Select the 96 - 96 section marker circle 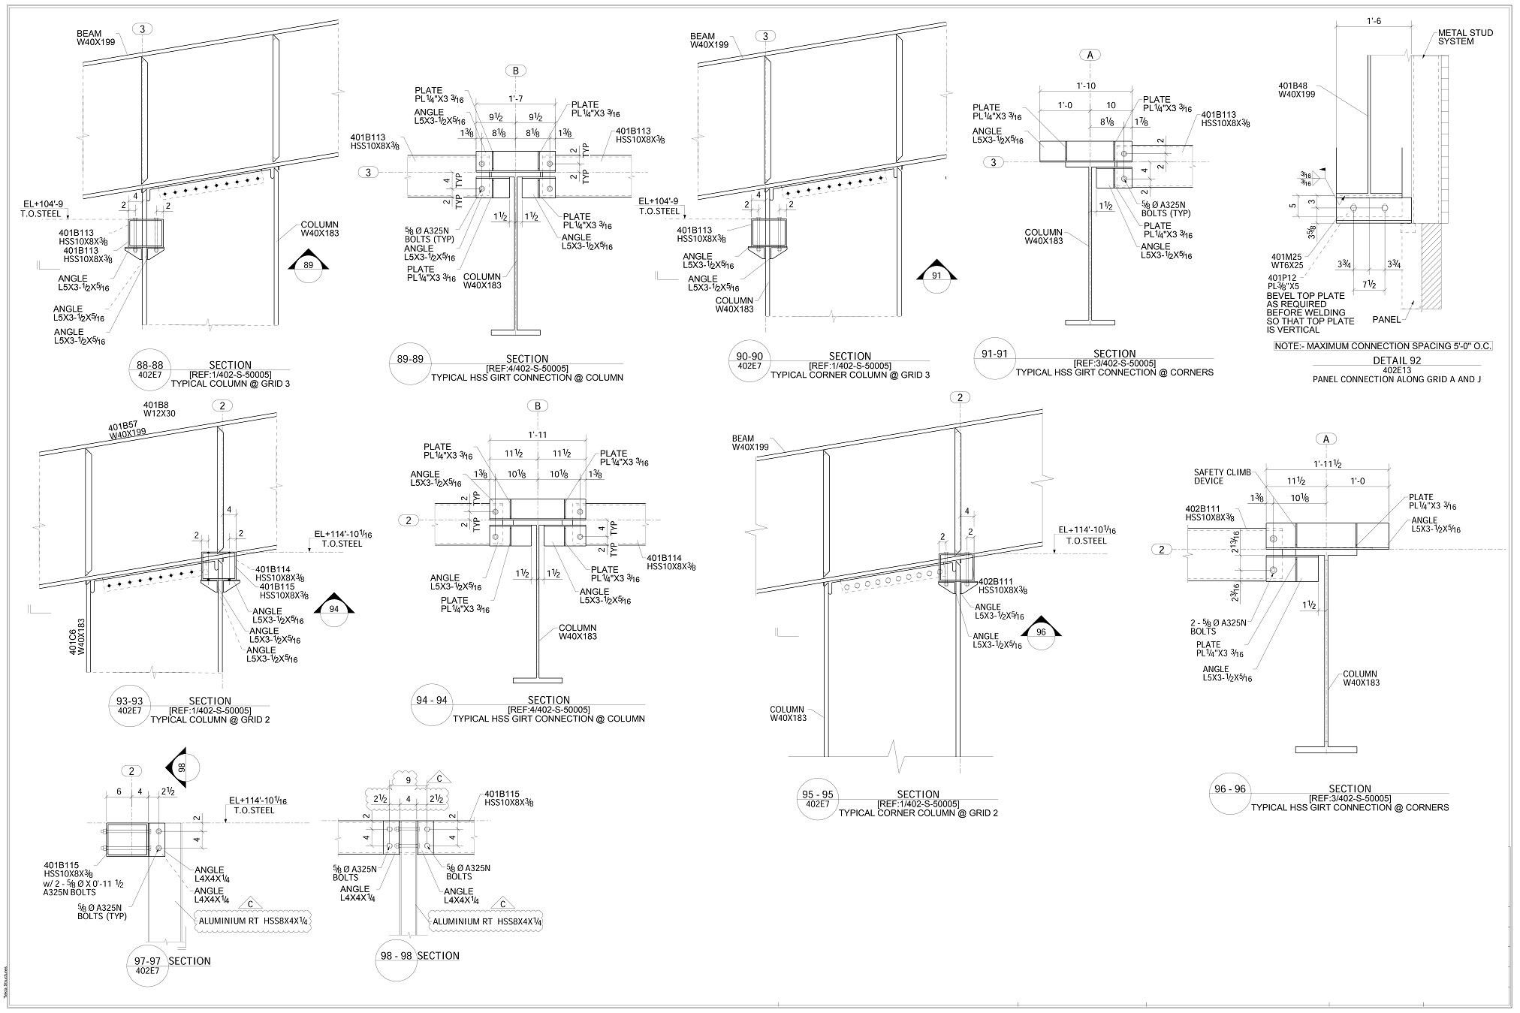click(1229, 793)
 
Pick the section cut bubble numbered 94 click(334, 610)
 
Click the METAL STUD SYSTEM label click(1464, 38)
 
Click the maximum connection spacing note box click(1383, 346)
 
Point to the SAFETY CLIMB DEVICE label click(1222, 476)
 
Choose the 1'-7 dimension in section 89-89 click(516, 99)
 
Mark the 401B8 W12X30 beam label click(159, 409)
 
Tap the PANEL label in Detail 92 click(1386, 319)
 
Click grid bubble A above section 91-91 click(1089, 54)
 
